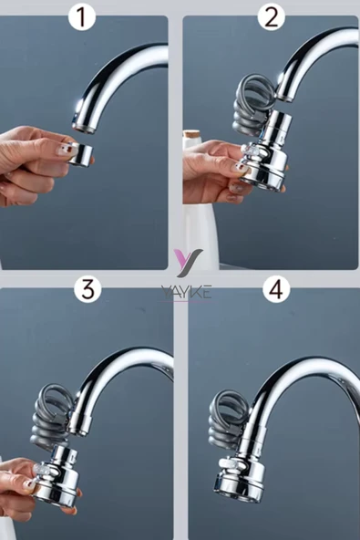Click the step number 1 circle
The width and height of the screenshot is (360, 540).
click(81, 16)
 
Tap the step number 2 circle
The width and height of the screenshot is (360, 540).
click(271, 16)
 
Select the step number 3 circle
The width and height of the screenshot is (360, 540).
click(87, 289)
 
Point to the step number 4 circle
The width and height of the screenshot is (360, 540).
click(276, 289)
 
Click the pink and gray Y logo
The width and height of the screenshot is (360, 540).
click(188, 263)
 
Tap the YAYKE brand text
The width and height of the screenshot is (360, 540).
click(186, 292)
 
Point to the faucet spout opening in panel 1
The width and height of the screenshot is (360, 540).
click(84, 128)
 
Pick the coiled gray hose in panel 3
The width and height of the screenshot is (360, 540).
click(55, 417)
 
